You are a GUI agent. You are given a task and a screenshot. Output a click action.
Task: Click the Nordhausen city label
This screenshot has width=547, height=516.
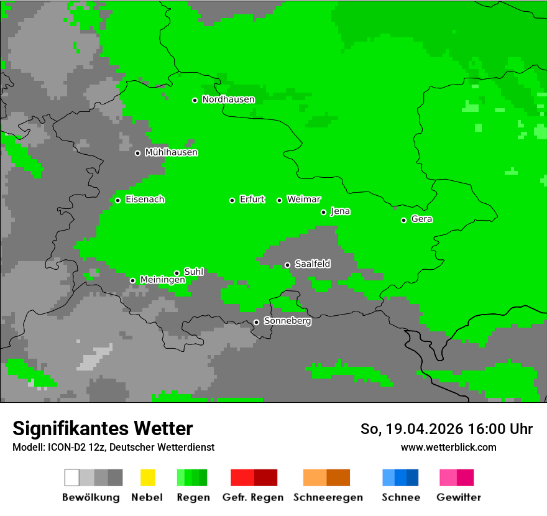coord(228,99)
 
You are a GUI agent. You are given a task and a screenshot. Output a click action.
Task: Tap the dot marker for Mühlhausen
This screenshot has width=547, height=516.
coord(138,153)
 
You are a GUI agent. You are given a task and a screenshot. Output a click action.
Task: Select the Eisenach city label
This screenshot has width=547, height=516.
coord(145,200)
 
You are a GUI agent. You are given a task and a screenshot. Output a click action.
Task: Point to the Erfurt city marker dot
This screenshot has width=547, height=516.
coord(232,200)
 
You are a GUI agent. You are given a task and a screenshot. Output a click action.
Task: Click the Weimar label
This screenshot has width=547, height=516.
coord(303,200)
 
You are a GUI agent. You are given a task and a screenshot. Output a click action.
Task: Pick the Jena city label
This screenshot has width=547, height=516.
coord(340,211)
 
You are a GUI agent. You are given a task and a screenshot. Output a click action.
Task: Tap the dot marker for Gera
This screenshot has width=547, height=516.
coord(404,220)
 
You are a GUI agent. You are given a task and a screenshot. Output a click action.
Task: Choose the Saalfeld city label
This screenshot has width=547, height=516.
coord(312,264)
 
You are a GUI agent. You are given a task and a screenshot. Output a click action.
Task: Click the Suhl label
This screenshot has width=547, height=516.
coord(193,272)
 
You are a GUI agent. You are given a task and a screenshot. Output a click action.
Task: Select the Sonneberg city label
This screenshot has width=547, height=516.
coord(287,321)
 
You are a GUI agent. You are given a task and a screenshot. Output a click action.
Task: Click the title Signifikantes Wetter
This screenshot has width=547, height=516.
coord(103,428)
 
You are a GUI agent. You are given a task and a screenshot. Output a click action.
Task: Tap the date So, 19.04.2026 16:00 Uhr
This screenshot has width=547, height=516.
coord(446,429)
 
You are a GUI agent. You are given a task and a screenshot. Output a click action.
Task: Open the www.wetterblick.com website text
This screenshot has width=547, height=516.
coord(448,447)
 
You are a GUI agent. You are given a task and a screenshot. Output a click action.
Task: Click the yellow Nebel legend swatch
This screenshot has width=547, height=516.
coord(147,477)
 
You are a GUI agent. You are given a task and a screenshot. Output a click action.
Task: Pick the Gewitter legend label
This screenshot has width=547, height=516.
coord(458,497)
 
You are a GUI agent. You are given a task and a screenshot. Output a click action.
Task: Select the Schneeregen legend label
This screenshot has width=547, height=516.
coord(328,497)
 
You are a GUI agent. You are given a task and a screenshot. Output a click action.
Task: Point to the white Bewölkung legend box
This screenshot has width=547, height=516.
coord(72,477)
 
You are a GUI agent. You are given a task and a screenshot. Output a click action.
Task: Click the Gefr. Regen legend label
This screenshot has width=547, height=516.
coord(252,497)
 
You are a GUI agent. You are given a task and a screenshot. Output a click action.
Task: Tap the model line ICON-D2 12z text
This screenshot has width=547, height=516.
coord(113,447)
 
